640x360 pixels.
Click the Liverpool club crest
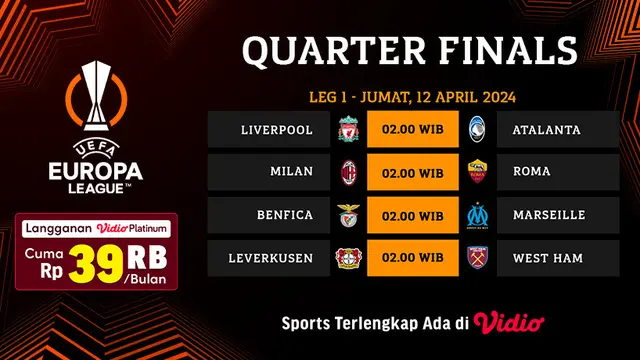349,130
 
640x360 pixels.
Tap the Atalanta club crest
476,130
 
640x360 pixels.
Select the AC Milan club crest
349,173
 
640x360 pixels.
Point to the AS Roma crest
476,173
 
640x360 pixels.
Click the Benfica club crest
349,216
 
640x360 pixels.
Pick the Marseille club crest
476,216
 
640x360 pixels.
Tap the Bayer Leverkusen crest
349,259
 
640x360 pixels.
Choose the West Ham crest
476,259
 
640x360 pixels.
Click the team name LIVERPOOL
277,130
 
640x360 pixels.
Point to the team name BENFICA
284,216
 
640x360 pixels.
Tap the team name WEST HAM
547,259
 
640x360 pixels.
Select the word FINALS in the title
517,49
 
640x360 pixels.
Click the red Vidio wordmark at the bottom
511,322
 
